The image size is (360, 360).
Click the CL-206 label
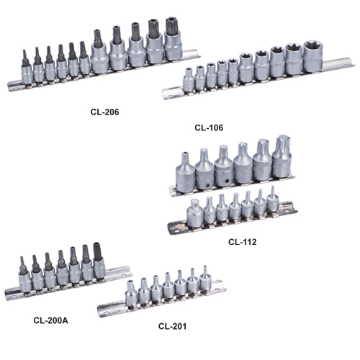tap(104, 112)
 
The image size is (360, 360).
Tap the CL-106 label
tap(209, 127)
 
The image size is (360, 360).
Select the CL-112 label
tap(243, 242)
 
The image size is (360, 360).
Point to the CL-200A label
tap(50, 320)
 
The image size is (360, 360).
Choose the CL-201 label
tap(172, 326)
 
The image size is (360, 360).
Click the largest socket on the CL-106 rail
tap(313, 56)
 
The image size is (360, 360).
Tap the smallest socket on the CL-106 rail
tap(189, 80)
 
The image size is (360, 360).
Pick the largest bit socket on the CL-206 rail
tap(174, 40)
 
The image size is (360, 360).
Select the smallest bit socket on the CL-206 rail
tap(27, 68)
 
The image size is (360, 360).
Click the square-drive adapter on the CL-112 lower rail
tap(194, 213)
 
